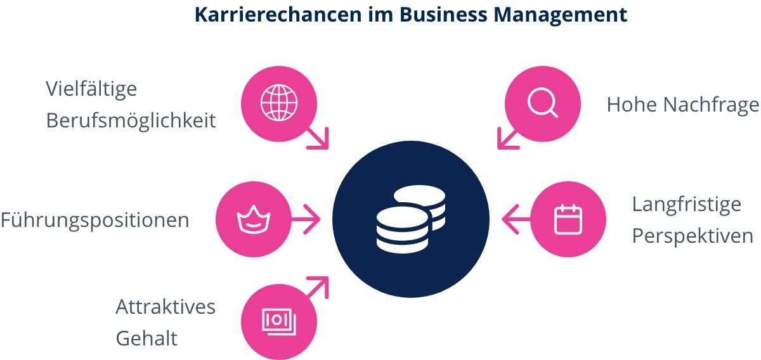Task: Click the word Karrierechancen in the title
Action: (278, 15)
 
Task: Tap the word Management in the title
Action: (560, 15)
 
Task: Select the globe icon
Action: (279, 103)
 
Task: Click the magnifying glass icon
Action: (543, 103)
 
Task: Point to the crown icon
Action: (254, 219)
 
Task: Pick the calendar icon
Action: (568, 219)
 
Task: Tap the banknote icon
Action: (279, 321)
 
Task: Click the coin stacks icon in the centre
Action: (411, 219)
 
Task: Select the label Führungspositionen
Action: (94, 221)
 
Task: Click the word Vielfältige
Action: (91, 89)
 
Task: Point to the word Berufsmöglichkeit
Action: (131, 120)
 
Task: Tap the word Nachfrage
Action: (711, 105)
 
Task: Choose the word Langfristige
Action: (686, 205)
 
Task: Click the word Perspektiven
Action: (693, 236)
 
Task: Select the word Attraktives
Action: (166, 307)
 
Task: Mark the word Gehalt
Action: (146, 338)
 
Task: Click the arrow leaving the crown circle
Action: (306, 219)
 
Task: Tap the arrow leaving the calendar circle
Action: (516, 219)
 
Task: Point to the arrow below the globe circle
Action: (318, 138)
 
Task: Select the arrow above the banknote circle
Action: (318, 288)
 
